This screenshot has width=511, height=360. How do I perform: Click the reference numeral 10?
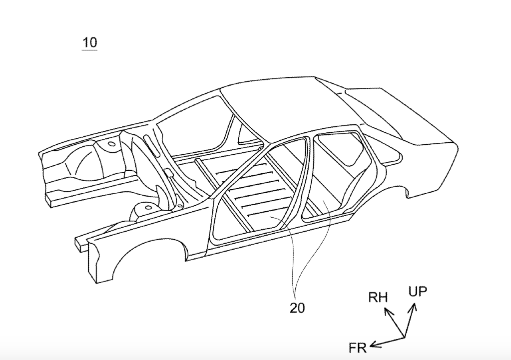pos(90,42)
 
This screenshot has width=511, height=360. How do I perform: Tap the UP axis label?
pos(418,292)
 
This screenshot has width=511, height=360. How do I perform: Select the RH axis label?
pos(378,298)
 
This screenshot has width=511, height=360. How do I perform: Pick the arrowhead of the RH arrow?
pos(386,311)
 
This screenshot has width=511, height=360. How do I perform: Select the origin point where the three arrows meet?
pos(403,338)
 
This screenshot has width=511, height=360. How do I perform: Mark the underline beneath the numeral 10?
pos(90,50)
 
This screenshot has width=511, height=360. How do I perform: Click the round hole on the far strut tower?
pos(111,144)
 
